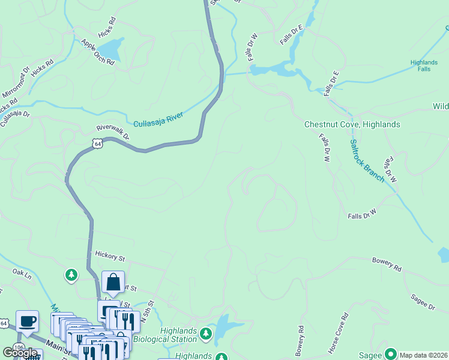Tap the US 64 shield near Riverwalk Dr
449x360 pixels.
(x=97, y=143)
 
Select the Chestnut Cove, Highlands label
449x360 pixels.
(x=352, y=124)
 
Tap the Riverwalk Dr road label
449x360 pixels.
(x=113, y=131)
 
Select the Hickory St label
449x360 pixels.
(x=109, y=257)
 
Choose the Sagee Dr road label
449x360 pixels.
(x=423, y=302)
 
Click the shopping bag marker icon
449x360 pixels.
(x=113, y=282)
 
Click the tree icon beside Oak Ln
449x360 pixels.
(x=71, y=275)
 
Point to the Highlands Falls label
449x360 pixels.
(x=424, y=65)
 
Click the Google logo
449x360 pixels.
(x=20, y=353)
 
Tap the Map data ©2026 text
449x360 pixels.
(x=424, y=355)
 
